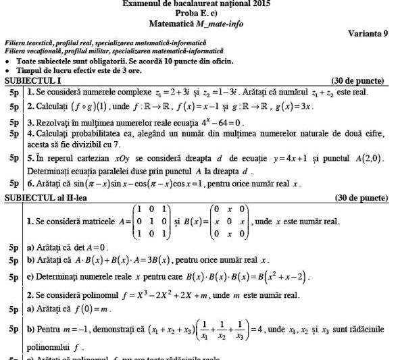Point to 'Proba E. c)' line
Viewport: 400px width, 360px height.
(199, 14)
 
